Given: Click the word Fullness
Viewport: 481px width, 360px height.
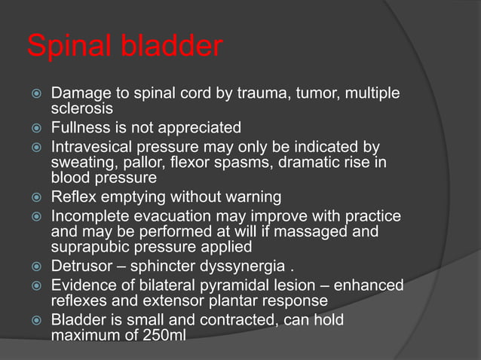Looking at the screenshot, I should click(82, 127).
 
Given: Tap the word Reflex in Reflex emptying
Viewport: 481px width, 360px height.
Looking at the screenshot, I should click(72, 197).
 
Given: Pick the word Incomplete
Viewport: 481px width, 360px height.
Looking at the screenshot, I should click(89, 216).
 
